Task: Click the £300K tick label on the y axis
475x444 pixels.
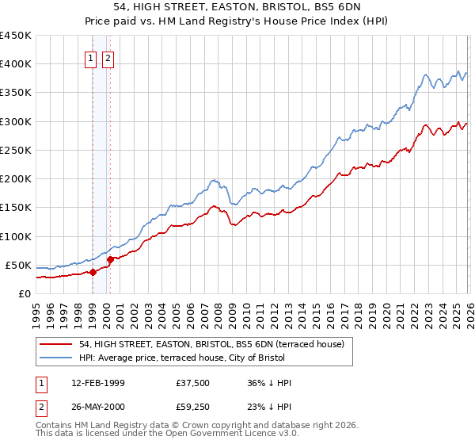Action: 15,121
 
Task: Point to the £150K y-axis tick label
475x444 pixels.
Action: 15,207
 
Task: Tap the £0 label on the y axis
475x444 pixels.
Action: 24,293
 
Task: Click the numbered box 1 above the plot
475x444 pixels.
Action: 92,58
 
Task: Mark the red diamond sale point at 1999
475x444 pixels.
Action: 93,272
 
